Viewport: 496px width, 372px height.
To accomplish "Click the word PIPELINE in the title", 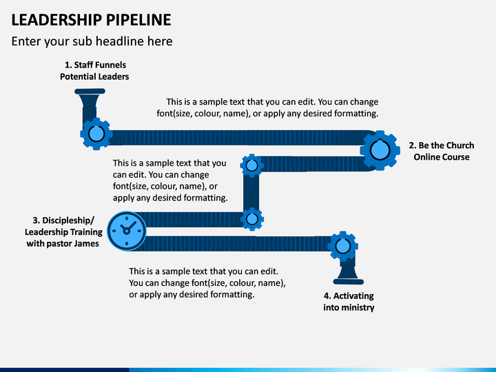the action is click(138, 19).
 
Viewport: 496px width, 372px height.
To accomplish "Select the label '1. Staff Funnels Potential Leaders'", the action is click(94, 70).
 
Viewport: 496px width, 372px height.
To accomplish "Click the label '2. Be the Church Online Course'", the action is click(442, 151).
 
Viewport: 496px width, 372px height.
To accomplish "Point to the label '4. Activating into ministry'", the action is click(349, 302).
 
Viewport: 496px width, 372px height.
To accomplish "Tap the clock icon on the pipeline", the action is click(127, 231).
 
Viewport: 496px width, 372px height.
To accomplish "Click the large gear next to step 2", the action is click(380, 151).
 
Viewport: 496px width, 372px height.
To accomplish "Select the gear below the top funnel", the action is click(96, 134).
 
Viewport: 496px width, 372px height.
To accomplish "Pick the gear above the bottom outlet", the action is click(343, 246).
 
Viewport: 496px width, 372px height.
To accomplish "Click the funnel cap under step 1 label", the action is click(90, 92).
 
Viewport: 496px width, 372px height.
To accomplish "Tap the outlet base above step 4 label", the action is click(349, 282).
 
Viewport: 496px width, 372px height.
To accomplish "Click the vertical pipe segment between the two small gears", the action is click(251, 192).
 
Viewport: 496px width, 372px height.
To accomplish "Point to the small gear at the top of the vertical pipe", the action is click(252, 165).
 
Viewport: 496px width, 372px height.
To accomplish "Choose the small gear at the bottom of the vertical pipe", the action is click(252, 219).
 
